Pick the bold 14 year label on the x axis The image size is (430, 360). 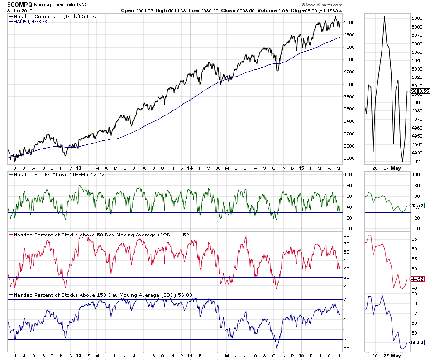click(190, 168)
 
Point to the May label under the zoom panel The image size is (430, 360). click(396, 168)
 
